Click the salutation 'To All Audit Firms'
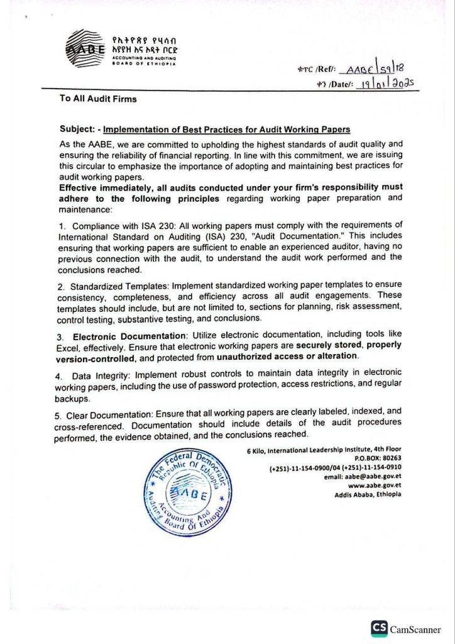97,99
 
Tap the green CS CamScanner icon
379,627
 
